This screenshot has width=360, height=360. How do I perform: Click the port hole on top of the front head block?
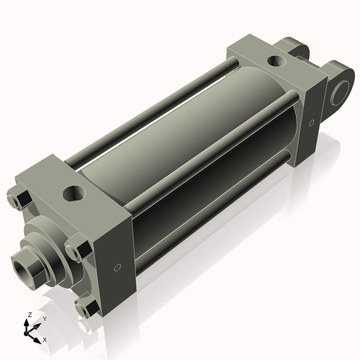tap(73, 193)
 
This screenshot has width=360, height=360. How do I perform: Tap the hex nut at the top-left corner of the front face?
tap(19, 196)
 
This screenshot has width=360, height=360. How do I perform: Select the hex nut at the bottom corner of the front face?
tap(88, 308)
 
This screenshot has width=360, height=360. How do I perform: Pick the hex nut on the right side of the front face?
tap(77, 250)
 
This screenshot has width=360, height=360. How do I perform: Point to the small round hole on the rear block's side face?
tap(311, 123)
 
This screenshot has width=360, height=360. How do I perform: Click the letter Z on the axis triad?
tap(27, 315)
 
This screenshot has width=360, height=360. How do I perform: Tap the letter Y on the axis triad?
tap(44, 318)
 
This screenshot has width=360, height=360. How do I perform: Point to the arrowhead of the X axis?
tap(39, 336)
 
